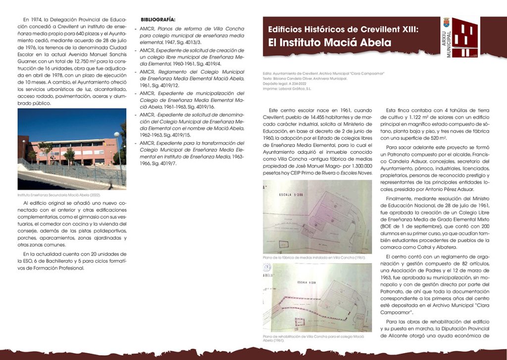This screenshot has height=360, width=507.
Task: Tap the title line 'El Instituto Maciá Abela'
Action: coord(329,43)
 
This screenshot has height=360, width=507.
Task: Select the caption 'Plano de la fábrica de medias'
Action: coord(314,257)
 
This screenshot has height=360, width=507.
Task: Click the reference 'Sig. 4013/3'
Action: coord(196,44)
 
